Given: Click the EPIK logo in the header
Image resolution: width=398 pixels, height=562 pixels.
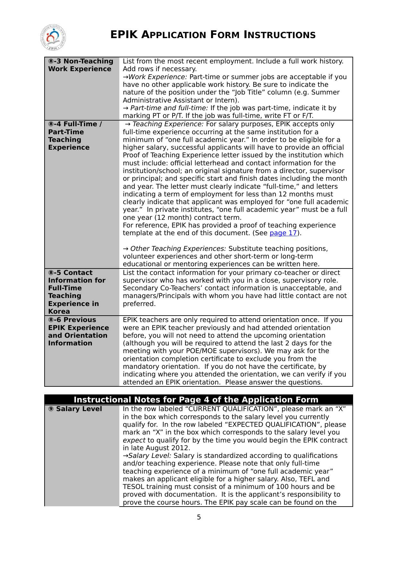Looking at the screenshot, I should click(53, 37).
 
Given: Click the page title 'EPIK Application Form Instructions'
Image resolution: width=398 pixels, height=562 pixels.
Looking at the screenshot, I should click(213, 35).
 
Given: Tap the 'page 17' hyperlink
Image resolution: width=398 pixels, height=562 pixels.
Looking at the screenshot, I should click(283, 233).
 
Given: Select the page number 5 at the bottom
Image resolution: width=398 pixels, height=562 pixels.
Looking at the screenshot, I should click(199, 517).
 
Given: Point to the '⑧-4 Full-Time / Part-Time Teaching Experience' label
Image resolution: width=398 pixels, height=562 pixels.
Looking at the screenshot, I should click(75, 136).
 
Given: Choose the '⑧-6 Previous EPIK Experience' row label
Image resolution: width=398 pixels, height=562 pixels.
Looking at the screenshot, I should click(79, 331).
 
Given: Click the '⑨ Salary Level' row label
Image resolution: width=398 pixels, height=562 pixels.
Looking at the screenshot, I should click(75, 409).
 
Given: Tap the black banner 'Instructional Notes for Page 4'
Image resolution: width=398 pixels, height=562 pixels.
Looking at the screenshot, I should click(196, 400).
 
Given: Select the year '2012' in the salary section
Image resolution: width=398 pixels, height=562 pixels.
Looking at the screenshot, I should click(181, 448).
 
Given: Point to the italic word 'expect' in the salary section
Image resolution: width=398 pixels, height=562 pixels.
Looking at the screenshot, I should click(134, 440).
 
